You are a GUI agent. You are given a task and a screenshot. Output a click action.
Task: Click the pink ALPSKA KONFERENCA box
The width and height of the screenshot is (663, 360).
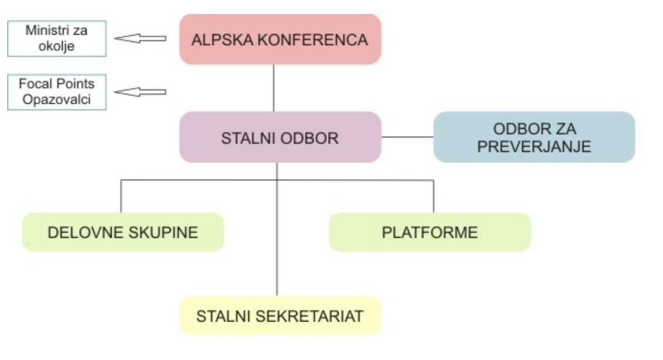(280, 39)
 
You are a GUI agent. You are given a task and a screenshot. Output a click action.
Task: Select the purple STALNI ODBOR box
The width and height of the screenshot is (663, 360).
(280, 137)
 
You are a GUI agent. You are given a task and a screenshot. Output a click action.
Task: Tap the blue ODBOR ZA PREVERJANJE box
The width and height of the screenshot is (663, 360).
(534, 137)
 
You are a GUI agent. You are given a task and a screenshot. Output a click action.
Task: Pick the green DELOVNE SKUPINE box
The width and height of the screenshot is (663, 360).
(123, 232)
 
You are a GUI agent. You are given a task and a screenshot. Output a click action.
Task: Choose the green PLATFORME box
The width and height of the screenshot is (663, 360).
(430, 232)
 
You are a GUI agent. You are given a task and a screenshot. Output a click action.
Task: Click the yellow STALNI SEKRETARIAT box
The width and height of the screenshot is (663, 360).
(280, 316)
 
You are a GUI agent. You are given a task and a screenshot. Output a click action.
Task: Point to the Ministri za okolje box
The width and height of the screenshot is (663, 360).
(56, 39)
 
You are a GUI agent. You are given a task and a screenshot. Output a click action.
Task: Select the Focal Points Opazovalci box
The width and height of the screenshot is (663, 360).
(56, 92)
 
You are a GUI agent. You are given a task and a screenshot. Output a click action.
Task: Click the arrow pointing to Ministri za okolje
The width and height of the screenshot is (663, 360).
(140, 39)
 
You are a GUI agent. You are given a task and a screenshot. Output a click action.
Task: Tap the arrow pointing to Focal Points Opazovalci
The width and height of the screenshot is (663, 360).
(140, 92)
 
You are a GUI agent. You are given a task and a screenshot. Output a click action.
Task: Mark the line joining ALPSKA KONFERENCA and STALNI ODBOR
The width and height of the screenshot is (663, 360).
(273, 88)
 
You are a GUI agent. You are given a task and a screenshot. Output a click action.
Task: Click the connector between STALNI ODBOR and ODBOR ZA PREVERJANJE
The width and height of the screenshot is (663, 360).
(407, 137)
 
